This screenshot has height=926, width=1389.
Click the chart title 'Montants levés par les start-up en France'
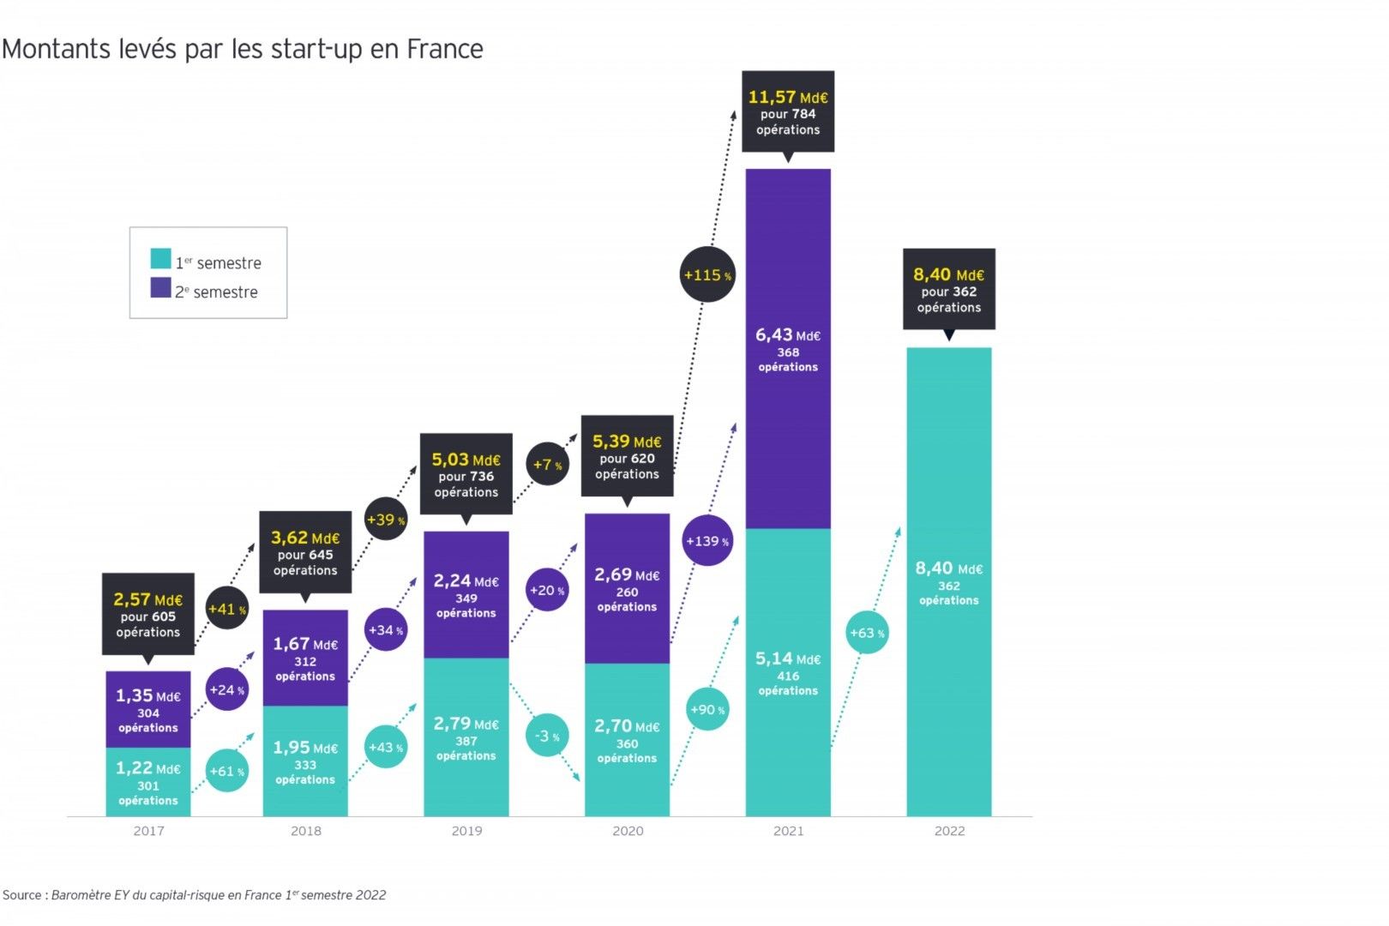click(x=243, y=49)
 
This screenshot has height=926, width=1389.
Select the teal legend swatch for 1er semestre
click(x=160, y=258)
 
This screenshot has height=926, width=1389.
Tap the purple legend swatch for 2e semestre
click(x=160, y=287)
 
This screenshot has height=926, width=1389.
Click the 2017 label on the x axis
click(x=148, y=831)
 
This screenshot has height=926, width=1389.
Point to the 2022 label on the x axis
click(x=949, y=831)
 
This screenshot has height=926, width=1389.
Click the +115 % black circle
click(x=707, y=275)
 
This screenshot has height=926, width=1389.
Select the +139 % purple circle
click(x=707, y=541)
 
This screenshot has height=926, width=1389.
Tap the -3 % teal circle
click(x=547, y=736)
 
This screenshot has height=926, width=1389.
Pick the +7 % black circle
click(x=548, y=465)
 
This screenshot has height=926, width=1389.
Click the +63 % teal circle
click(x=867, y=633)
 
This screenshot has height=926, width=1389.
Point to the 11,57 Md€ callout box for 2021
click(x=788, y=112)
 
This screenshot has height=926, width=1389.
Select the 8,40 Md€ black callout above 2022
click(x=949, y=290)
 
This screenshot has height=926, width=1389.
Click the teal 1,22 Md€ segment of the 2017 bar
click(x=148, y=783)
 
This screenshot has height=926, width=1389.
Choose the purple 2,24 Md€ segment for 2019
click(x=466, y=595)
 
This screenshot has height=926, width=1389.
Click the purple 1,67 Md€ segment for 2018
click(x=305, y=658)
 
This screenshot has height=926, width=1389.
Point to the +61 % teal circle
click(x=227, y=771)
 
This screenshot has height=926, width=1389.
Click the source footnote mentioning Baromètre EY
click(x=195, y=895)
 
